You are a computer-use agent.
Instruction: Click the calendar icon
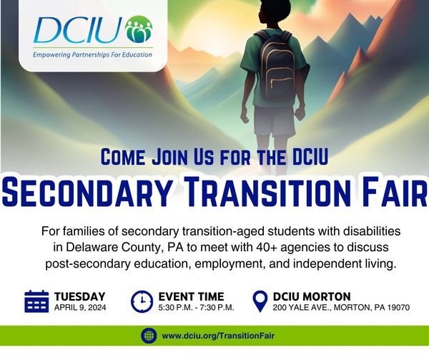(36, 302)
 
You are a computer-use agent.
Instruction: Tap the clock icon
(142, 302)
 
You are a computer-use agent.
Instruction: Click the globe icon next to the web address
(148, 335)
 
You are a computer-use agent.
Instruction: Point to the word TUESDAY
(80, 296)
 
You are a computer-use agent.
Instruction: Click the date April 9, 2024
(79, 308)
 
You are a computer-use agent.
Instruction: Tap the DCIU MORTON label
(312, 296)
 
